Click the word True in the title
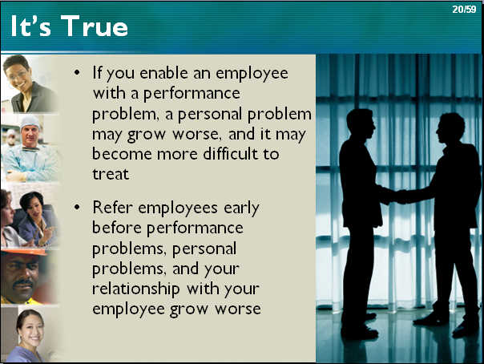[x=94, y=26]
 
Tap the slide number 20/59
[x=464, y=10]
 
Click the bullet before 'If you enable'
[x=77, y=73]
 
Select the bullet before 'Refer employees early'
[x=77, y=207]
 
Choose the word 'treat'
[x=111, y=174]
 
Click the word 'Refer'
[x=112, y=207]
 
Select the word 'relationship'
[x=135, y=289]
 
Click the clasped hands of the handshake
[x=394, y=196]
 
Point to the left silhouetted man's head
[x=361, y=124]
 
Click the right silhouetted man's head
[x=450, y=129]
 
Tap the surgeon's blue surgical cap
[x=30, y=122]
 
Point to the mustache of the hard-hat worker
[x=22, y=282]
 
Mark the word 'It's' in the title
[x=30, y=26]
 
